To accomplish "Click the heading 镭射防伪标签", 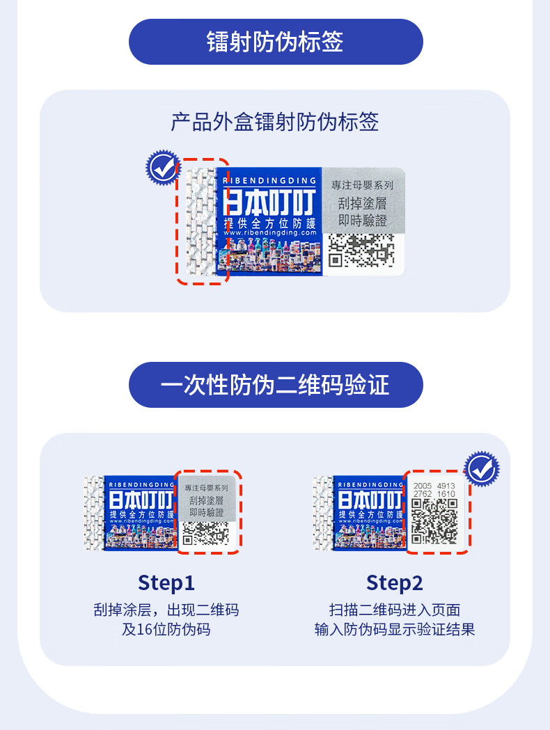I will (x=276, y=42).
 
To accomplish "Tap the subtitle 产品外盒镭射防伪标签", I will (x=275, y=122).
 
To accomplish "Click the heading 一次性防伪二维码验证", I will (x=276, y=384).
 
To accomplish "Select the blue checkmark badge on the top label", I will (x=162, y=166).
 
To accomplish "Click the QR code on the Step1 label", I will (x=205, y=532).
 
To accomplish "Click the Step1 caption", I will (x=166, y=582).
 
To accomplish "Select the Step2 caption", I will (x=395, y=582).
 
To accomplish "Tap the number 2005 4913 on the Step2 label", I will (x=434, y=486).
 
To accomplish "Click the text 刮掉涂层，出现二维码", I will (x=166, y=610).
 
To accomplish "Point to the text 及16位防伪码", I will (x=166, y=630).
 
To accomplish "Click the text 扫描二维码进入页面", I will (x=395, y=610).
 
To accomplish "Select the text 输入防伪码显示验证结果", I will (x=395, y=630).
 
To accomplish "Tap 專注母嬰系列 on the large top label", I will (x=362, y=186).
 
